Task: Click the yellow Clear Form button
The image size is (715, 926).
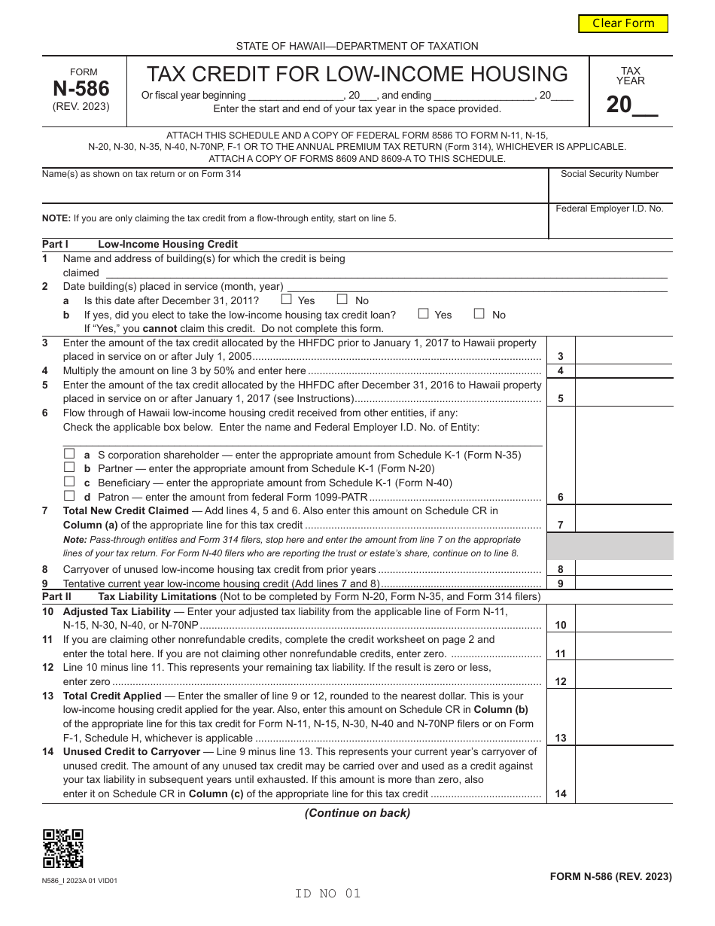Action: pos(623,23)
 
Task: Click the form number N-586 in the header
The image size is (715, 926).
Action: pos(81,89)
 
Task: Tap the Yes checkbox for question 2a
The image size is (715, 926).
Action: pos(286,300)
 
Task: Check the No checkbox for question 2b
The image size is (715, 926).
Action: pos(479,314)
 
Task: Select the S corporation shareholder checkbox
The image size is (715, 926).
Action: pos(69,454)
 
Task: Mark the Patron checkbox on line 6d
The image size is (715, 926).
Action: pos(69,496)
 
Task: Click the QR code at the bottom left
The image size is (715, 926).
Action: pos(63,848)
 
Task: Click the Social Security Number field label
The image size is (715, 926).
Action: pos(610,174)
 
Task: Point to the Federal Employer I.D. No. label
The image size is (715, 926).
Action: pos(610,209)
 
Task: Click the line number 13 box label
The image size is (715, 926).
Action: pos(561,739)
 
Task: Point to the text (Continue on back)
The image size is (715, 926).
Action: pos(357,813)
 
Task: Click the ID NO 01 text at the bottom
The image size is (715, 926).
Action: pos(328,894)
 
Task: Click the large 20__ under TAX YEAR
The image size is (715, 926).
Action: pos(631,105)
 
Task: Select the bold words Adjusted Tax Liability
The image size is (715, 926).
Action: pos(117,611)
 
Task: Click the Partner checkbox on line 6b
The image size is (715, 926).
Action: pos(69,468)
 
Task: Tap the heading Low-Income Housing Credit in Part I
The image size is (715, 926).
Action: pos(168,244)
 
